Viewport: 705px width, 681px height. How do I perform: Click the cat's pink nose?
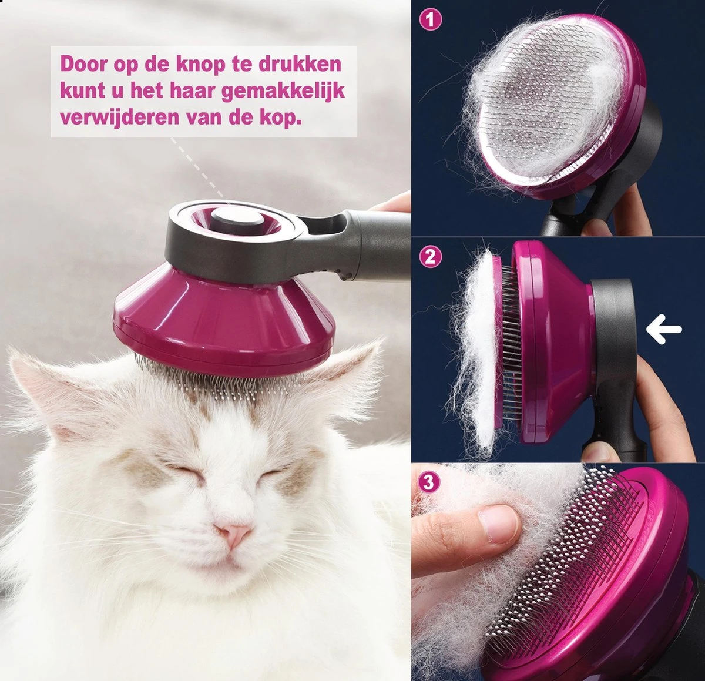(233, 534)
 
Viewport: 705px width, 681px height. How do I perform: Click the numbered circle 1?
(431, 20)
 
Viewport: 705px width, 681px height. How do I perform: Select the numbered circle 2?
(431, 257)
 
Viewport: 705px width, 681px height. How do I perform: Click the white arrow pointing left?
(664, 330)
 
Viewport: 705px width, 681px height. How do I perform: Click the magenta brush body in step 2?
(552, 341)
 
